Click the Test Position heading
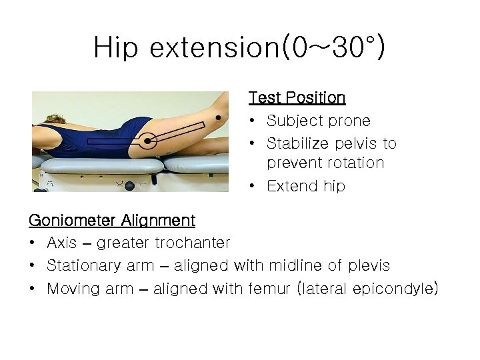click(297, 98)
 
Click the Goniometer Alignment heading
click(112, 221)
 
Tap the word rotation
click(357, 163)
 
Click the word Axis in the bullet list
click(61, 243)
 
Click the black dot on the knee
click(218, 118)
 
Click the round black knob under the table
click(130, 185)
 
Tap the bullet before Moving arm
click(33, 289)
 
